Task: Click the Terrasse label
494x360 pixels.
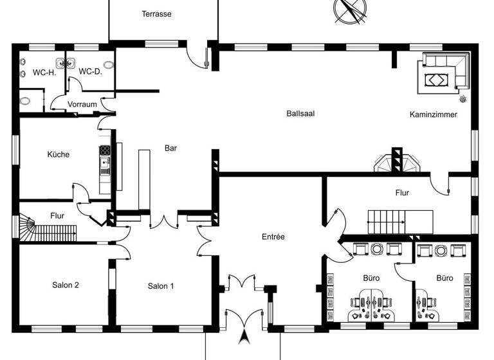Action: (156, 14)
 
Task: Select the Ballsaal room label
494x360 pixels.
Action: (300, 114)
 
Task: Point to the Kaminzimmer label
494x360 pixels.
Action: (433, 114)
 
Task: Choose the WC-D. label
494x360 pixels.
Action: (90, 71)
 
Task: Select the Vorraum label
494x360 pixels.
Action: (82, 104)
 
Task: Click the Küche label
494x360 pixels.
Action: (58, 154)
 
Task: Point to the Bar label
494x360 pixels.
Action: (170, 148)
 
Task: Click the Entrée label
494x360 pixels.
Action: (273, 237)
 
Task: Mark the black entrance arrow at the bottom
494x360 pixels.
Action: (244, 338)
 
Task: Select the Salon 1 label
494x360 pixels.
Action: (160, 286)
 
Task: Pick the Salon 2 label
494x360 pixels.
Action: (66, 285)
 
